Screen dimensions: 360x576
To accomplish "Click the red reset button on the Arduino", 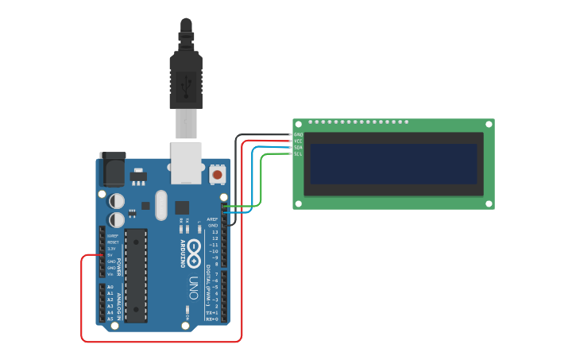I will pyautogui.click(x=218, y=173).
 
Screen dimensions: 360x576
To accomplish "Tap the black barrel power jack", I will pyautogui.click(x=112, y=169).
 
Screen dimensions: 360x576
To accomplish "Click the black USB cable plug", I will pyautogui.click(x=186, y=79).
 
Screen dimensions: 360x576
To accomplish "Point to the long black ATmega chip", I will pyautogui.click(x=136, y=275).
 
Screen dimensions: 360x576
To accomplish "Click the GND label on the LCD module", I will pyautogui.click(x=298, y=135).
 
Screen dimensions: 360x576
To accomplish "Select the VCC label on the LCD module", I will pyautogui.click(x=298, y=141).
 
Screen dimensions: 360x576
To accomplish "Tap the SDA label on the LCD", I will pyautogui.click(x=298, y=148).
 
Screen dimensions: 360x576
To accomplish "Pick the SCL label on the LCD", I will pyautogui.click(x=298, y=153).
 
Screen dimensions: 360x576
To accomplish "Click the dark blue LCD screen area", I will pyautogui.click(x=393, y=164).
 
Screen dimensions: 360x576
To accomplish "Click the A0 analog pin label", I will pyautogui.click(x=110, y=287).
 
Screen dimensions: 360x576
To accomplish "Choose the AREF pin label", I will pyautogui.click(x=212, y=219).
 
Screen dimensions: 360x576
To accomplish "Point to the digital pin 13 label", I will pyautogui.click(x=215, y=232).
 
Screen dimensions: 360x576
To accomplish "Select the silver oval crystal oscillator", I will pyautogui.click(x=161, y=205).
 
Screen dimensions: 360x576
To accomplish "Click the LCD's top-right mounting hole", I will pyautogui.click(x=489, y=124).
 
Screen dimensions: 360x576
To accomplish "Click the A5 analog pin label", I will pyautogui.click(x=110, y=319).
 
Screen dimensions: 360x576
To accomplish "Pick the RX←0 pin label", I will pyautogui.click(x=212, y=319).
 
